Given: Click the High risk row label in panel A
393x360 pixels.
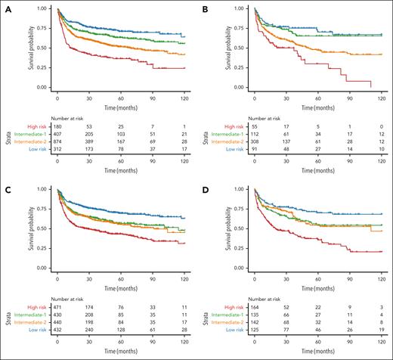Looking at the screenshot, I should [40, 126].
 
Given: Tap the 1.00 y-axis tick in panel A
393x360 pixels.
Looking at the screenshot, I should [44, 10].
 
